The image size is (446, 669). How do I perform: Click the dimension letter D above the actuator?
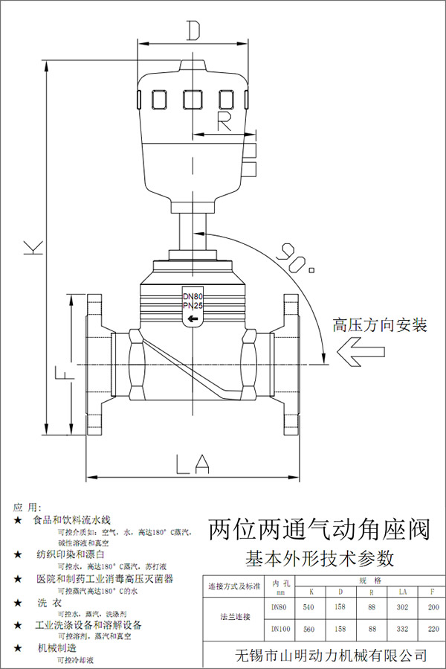[x=194, y=31]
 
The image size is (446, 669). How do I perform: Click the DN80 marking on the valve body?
[x=193, y=296]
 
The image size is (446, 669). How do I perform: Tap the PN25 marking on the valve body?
[x=193, y=306]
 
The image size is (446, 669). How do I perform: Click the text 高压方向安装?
[x=381, y=325]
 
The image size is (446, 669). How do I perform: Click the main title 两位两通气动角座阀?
[x=319, y=530]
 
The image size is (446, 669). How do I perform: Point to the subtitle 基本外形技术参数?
[x=320, y=557]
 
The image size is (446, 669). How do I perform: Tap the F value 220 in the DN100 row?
[x=433, y=629]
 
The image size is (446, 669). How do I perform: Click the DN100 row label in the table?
[x=279, y=629]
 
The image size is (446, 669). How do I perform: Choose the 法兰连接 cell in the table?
[x=235, y=617]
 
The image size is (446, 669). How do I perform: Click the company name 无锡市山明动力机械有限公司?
[x=331, y=655]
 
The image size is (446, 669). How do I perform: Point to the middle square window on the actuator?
[x=193, y=99]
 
